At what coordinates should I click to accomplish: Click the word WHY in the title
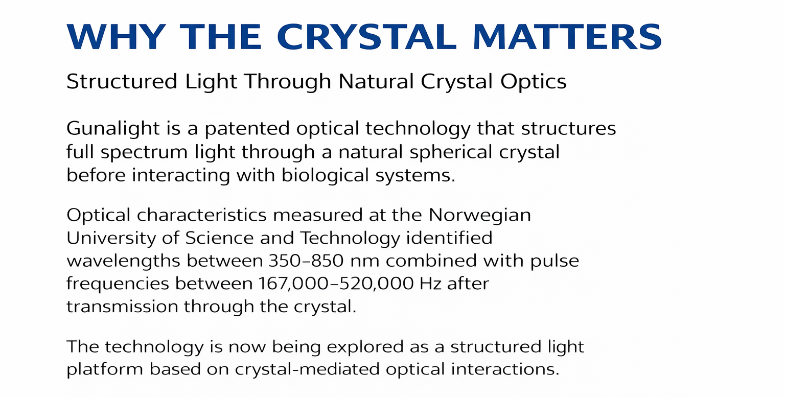point(116,37)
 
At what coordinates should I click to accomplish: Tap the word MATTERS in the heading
point(567,37)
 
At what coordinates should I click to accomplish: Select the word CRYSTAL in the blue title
point(367,37)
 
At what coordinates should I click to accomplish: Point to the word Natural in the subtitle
point(376,82)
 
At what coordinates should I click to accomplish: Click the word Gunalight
point(113,129)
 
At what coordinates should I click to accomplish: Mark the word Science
point(219,238)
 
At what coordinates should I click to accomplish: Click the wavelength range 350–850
point(306,261)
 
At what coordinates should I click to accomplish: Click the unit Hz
point(430,284)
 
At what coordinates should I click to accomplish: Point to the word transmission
point(122,307)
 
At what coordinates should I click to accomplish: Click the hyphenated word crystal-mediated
point(307,370)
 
